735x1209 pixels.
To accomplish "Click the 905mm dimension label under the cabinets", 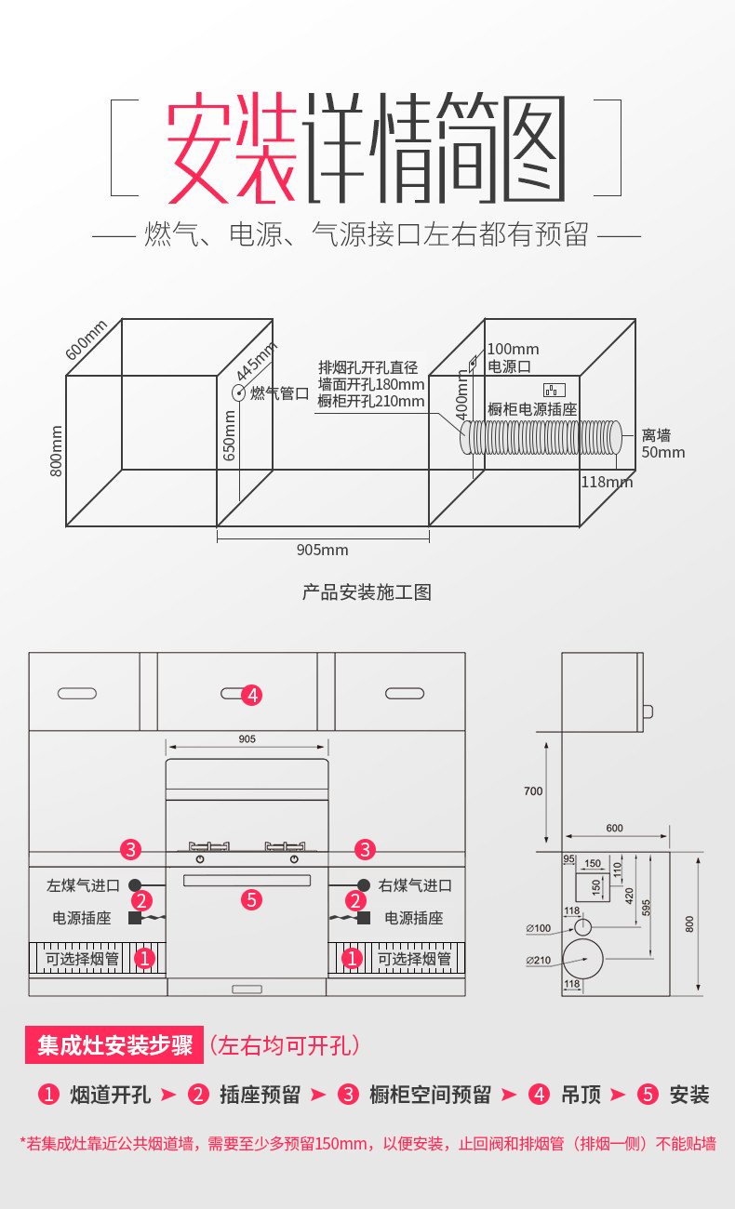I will pyautogui.click(x=322, y=550).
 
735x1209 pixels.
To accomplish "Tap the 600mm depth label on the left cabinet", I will pyautogui.click(x=87, y=339).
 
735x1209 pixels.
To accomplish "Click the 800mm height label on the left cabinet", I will pyautogui.click(x=56, y=451).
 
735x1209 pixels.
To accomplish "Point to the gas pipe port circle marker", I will pyautogui.click(x=238, y=392).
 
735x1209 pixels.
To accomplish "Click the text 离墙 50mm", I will pyautogui.click(x=662, y=444).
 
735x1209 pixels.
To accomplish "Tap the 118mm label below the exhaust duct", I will pyautogui.click(x=606, y=482).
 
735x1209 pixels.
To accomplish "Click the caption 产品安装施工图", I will pyautogui.click(x=367, y=592).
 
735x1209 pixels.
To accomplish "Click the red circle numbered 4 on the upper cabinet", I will pyautogui.click(x=251, y=695).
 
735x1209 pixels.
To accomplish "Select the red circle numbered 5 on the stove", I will pyautogui.click(x=250, y=899).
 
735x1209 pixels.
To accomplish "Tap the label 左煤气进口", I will pyautogui.click(x=84, y=885).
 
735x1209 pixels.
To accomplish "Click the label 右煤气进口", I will pyautogui.click(x=415, y=885).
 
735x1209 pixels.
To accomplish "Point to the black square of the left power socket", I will pyautogui.click(x=135, y=918).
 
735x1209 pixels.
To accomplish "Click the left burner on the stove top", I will pyautogui.click(x=208, y=846).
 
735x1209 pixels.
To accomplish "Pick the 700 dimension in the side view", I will pyautogui.click(x=533, y=791).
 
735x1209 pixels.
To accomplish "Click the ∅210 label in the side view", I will pyautogui.click(x=538, y=960).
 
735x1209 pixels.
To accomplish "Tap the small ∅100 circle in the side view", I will pyautogui.click(x=582, y=927).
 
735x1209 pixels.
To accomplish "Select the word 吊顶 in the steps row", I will pyautogui.click(x=581, y=1095).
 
